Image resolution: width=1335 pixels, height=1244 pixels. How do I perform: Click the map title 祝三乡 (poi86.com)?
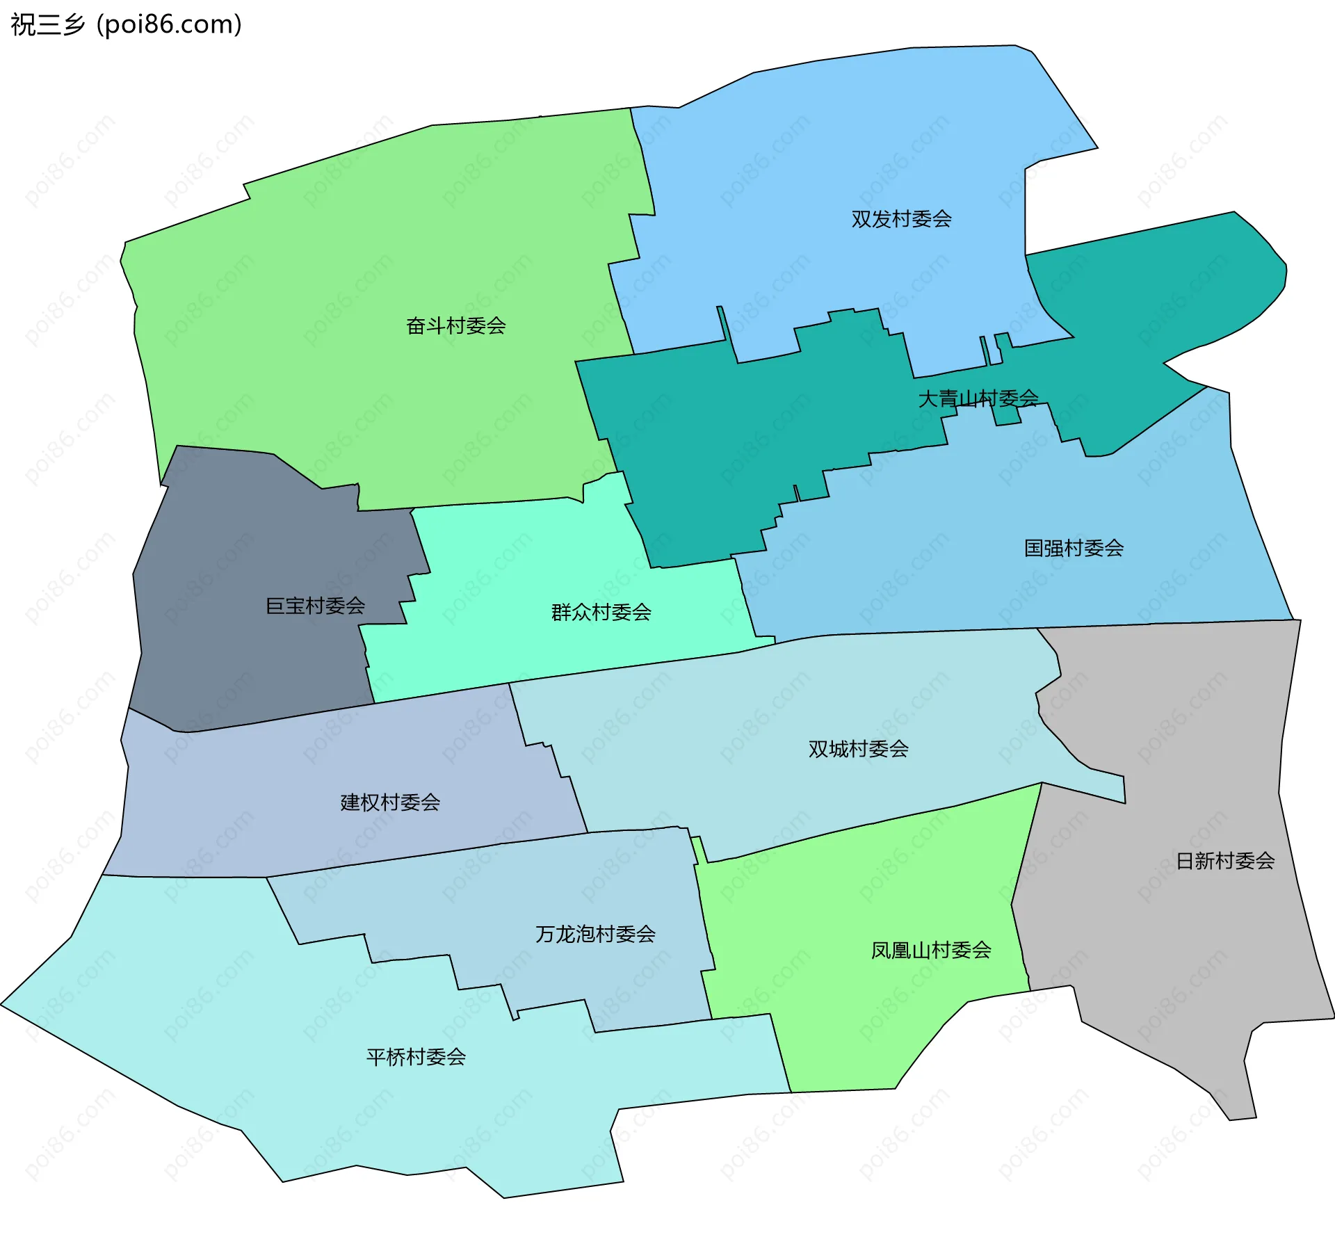pyautogui.click(x=126, y=25)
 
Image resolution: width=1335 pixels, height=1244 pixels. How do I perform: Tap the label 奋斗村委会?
pyautogui.click(x=455, y=325)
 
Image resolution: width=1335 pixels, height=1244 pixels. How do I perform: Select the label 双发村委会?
pyautogui.click(x=901, y=219)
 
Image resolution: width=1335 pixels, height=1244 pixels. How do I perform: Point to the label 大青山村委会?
pyautogui.click(x=978, y=398)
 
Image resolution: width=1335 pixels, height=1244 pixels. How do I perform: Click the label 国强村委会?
pyautogui.click(x=1074, y=548)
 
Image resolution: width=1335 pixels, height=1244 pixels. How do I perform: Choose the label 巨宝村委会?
pyautogui.click(x=315, y=606)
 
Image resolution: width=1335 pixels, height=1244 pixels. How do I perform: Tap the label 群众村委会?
pyautogui.click(x=601, y=612)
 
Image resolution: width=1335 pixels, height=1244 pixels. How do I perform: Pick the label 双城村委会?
pyautogui.click(x=858, y=749)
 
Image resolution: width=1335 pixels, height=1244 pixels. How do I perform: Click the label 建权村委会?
pyautogui.click(x=390, y=802)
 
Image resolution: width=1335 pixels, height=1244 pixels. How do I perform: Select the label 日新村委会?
pyautogui.click(x=1224, y=861)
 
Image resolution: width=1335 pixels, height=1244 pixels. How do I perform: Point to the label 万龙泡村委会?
pyautogui.click(x=595, y=934)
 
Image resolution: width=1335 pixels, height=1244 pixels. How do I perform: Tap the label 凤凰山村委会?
pyautogui.click(x=931, y=950)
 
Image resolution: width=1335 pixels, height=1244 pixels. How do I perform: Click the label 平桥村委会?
pyautogui.click(x=416, y=1057)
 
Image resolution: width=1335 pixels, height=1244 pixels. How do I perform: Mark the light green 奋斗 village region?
pyautogui.click(x=348, y=243)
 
